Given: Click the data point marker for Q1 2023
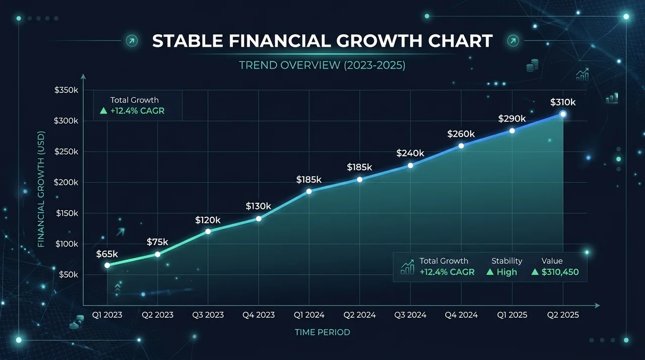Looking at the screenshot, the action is (107, 265).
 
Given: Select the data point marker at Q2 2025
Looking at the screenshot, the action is (563, 114).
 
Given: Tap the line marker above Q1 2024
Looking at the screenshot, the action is (309, 191).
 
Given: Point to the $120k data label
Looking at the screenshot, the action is (208, 220).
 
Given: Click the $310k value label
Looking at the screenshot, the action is (563, 102).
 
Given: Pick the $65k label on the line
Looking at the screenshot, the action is (107, 254).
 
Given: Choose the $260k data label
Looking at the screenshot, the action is (461, 134).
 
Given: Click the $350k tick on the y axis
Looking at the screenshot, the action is (66, 90).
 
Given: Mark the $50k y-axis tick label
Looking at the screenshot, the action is (69, 275).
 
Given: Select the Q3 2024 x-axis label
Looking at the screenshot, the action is (410, 315).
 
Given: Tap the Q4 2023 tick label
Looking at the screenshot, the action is (259, 315).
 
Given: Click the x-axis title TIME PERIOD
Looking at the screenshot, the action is (322, 332).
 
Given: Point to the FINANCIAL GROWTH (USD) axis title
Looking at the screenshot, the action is (41, 189).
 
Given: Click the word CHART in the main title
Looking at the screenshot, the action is (461, 41).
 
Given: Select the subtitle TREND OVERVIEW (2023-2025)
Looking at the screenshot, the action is (322, 65).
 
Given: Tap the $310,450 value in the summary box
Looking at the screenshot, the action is (560, 272).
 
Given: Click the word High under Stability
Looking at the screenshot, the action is (507, 272).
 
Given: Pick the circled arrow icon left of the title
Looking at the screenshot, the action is (132, 41).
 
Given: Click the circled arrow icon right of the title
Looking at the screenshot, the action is (513, 41).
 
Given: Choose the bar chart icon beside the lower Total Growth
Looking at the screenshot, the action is (408, 267).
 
